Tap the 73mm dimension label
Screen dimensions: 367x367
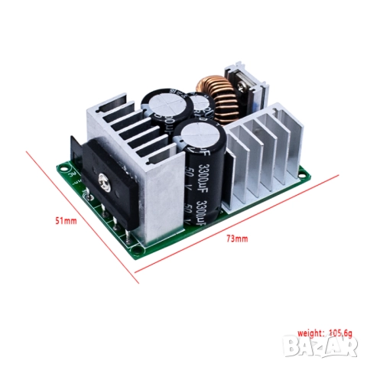pos(237,239)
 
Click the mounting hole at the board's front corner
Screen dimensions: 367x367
pos(138,247)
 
